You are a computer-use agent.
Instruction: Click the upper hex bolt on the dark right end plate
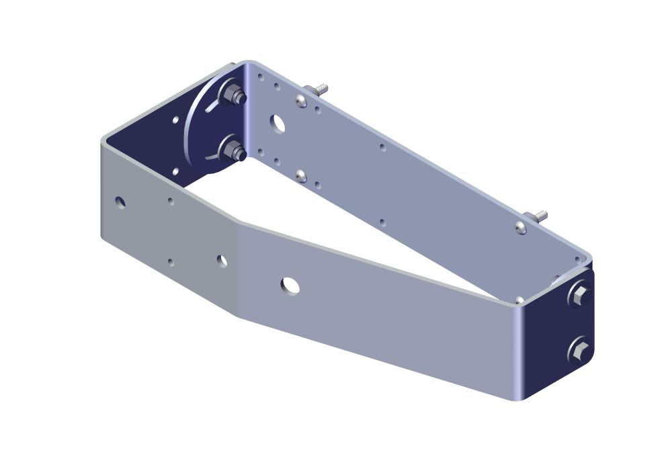point(579,294)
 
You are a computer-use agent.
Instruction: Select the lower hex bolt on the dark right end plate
point(579,350)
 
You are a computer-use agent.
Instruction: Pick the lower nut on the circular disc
point(233,150)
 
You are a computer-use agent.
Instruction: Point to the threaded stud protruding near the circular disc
point(317,89)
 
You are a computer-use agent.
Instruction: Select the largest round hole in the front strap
point(290,285)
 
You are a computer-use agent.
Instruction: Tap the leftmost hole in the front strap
point(120,202)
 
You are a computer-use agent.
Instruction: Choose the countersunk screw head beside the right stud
point(521,228)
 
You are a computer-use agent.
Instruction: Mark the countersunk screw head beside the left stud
point(300,101)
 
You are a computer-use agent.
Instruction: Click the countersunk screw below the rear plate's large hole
point(301,176)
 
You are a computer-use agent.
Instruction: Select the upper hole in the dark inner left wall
point(175,120)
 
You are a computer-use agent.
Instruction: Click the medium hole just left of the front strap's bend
point(222,260)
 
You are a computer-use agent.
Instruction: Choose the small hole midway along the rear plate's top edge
point(382,147)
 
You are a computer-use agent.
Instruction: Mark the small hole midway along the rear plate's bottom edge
point(382,222)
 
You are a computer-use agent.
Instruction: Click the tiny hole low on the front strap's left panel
point(170,262)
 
